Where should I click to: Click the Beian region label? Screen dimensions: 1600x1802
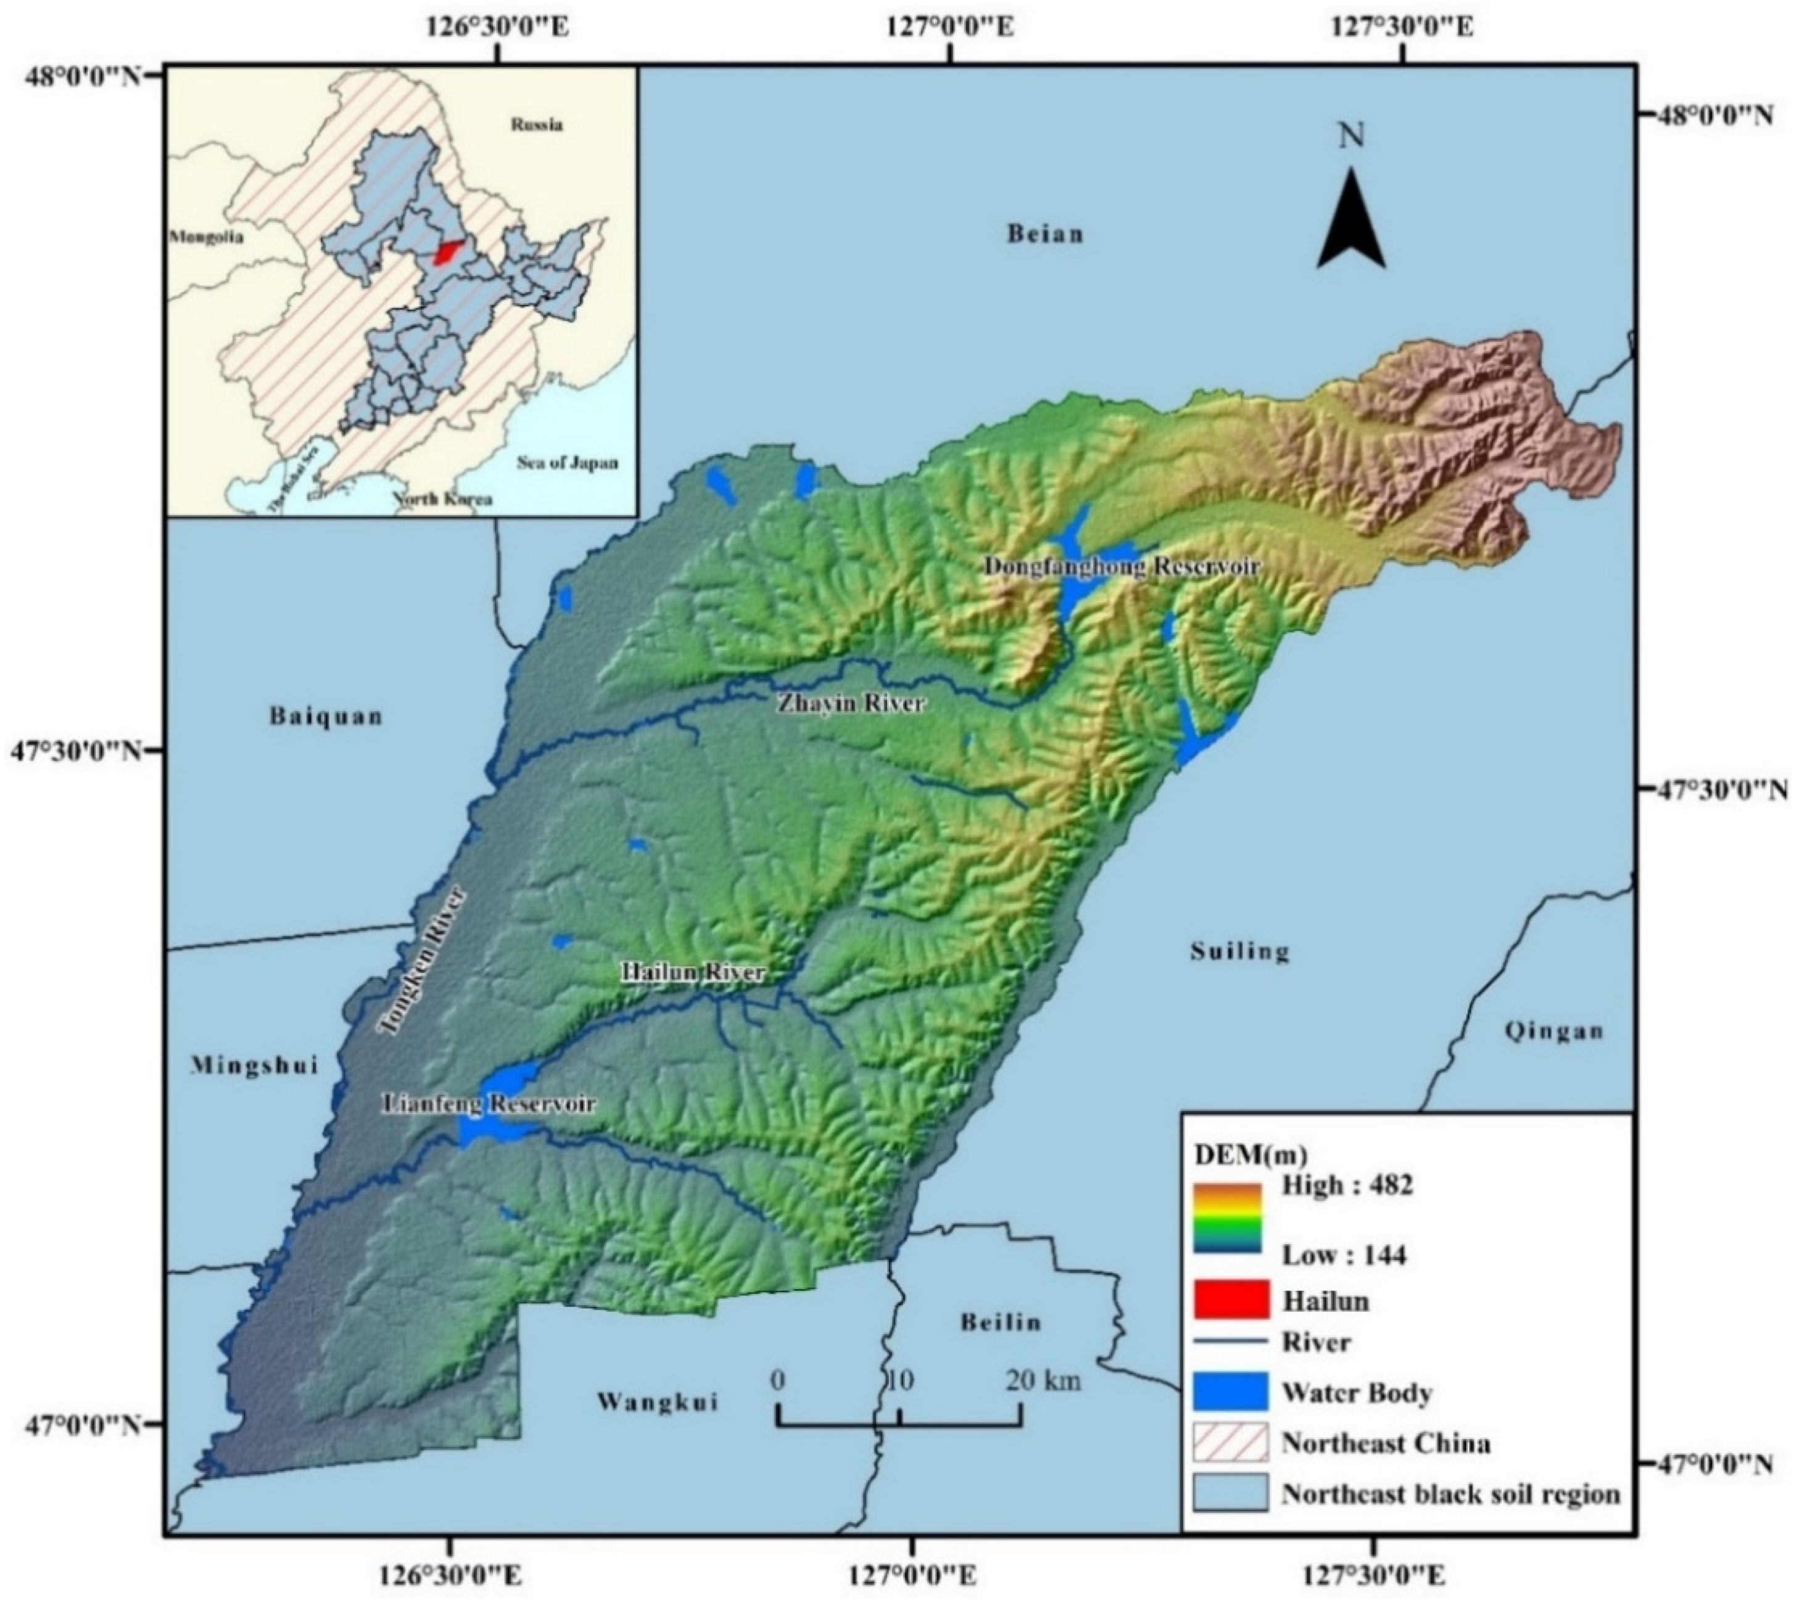tap(1044, 234)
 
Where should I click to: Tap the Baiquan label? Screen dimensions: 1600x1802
tap(326, 716)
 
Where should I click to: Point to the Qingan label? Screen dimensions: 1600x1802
tap(1554, 1031)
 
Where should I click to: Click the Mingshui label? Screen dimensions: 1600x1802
tap(255, 1066)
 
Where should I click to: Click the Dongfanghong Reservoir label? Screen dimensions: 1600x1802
tap(1122, 567)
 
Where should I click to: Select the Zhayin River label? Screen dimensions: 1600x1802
tap(850, 704)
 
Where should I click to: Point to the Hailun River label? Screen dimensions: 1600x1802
tap(693, 972)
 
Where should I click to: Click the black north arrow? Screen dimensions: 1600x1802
tap(1350, 220)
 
